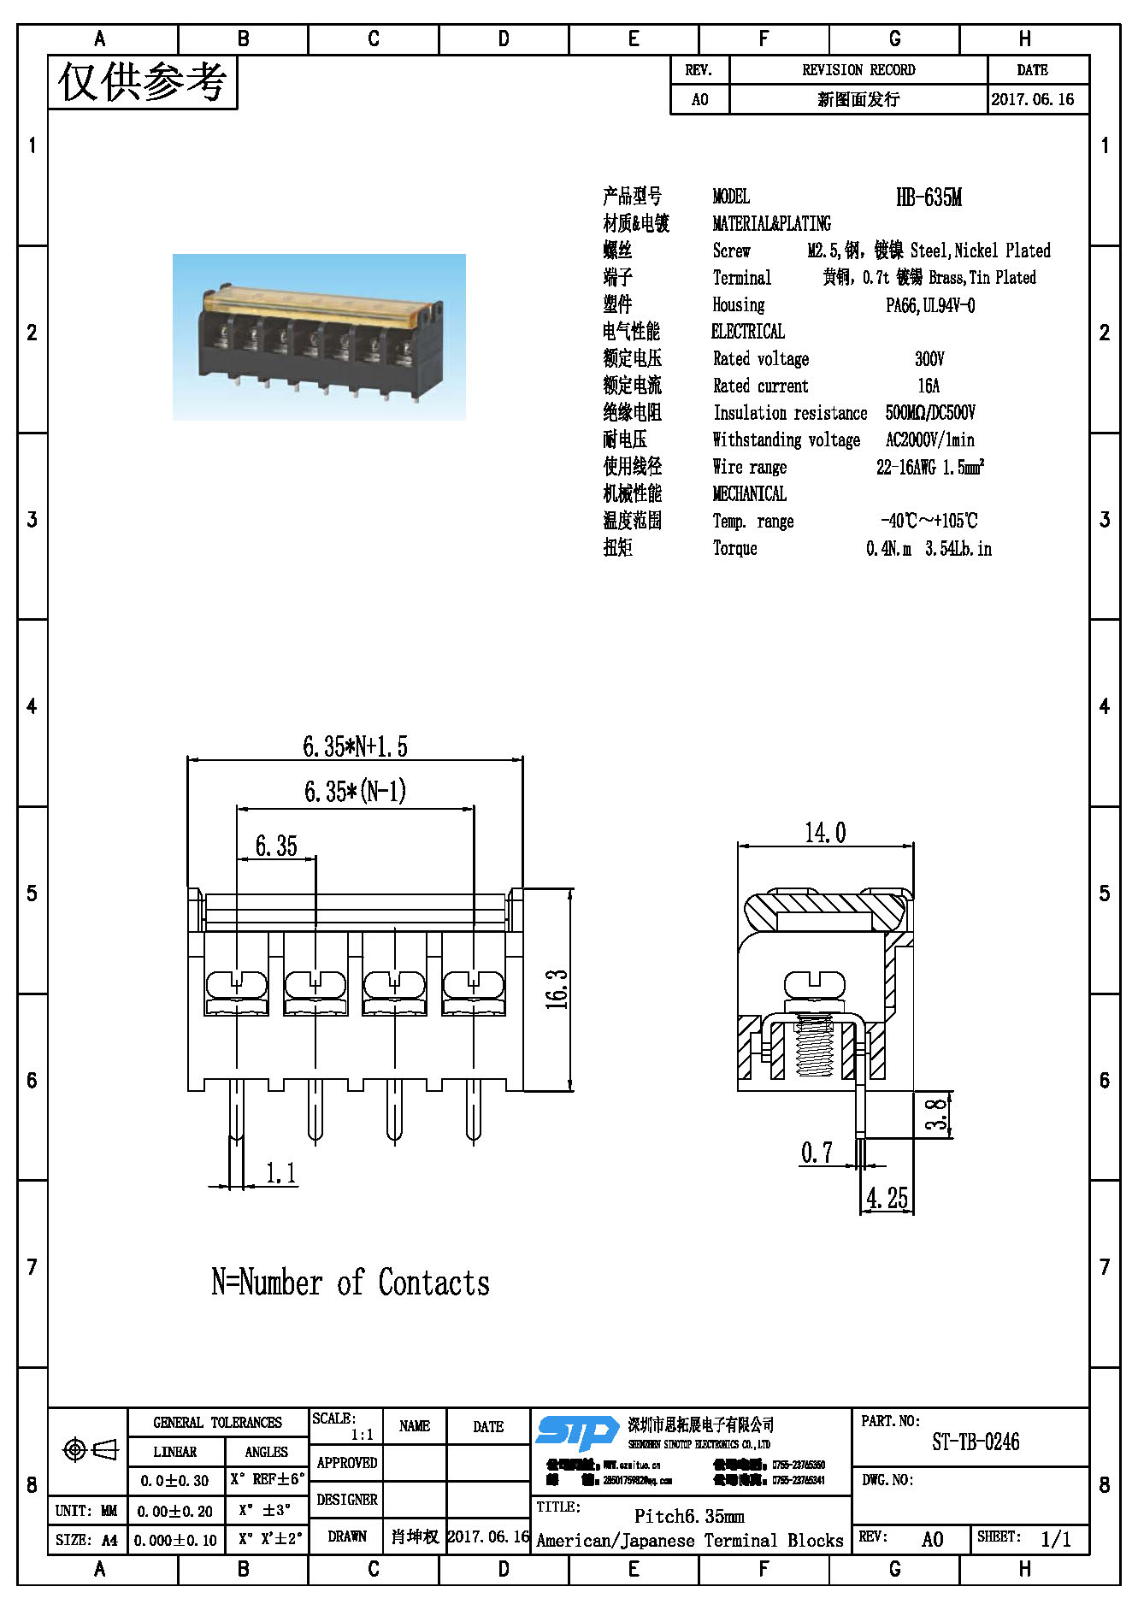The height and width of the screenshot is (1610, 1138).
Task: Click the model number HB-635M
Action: [x=929, y=198]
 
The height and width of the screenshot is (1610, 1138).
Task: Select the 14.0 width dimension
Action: [x=825, y=832]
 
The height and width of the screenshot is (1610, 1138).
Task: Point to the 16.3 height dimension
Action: [x=557, y=989]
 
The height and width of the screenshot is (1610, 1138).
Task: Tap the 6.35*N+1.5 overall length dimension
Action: [x=355, y=746]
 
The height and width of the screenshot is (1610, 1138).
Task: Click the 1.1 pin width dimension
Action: [x=280, y=1172]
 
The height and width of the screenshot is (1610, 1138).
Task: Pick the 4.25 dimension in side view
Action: [x=887, y=1198]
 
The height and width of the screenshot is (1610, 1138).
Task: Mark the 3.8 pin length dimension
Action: [x=937, y=1114]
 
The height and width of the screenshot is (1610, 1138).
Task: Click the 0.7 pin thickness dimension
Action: [x=817, y=1153]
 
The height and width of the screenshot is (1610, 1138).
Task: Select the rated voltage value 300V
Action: [x=929, y=358]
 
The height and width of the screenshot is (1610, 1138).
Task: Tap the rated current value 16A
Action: [x=929, y=386]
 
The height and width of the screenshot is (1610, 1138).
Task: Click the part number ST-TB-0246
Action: [x=976, y=1442]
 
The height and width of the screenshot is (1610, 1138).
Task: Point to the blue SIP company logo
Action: [x=577, y=1432]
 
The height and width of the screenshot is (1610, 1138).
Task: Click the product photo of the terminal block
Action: [x=319, y=337]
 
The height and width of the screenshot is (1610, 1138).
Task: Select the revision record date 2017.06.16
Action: [x=1032, y=99]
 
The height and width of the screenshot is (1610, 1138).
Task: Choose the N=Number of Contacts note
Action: [x=351, y=1283]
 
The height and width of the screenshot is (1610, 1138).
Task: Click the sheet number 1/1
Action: [x=1056, y=1539]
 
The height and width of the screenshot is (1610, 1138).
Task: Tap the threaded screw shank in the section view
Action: [x=814, y=1047]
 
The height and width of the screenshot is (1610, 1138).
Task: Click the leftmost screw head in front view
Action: [x=236, y=984]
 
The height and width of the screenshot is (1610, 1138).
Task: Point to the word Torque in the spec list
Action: [x=735, y=548]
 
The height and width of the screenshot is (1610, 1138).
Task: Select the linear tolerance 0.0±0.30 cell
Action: [x=175, y=1480]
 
